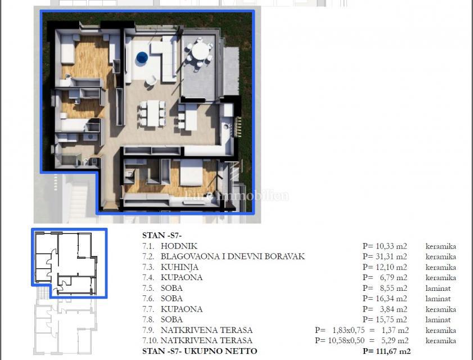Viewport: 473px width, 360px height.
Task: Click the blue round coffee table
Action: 142,57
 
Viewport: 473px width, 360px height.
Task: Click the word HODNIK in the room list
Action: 179,246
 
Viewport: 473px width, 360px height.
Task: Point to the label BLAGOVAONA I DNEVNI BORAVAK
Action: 232,256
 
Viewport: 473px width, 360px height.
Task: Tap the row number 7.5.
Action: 148,288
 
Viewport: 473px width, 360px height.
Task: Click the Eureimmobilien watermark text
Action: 237,196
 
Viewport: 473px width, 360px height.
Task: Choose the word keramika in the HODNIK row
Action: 440,246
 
